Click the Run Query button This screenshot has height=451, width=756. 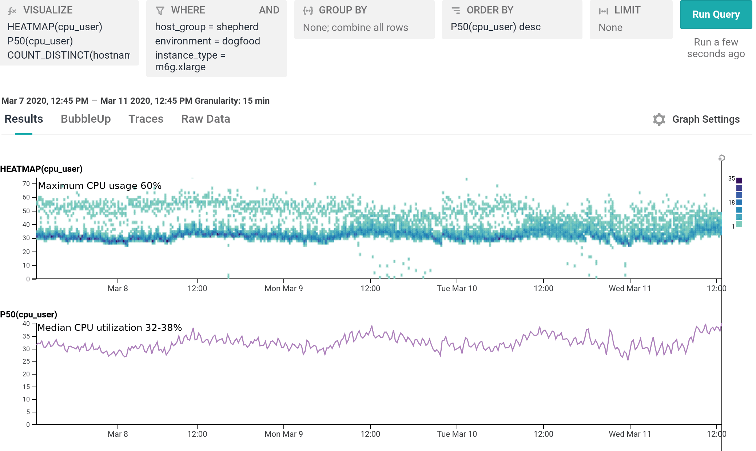[716, 15]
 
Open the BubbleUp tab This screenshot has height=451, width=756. [85, 119]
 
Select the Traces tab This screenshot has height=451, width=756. [146, 119]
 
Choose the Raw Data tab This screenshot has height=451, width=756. [206, 119]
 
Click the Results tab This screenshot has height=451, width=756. [24, 119]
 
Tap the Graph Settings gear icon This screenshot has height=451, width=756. [659, 119]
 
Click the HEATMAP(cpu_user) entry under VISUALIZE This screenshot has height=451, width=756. [55, 27]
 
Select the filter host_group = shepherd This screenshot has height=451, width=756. [206, 27]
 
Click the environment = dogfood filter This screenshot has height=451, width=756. [207, 41]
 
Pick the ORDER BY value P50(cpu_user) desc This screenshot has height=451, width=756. [495, 27]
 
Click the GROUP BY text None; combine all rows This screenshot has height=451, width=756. [355, 28]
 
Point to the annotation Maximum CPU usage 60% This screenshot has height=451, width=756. [100, 186]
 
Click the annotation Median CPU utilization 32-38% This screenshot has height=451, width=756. [110, 328]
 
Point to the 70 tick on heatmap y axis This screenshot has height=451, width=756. [26, 184]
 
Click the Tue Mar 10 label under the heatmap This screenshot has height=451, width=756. [457, 289]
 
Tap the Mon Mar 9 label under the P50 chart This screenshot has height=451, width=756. [283, 434]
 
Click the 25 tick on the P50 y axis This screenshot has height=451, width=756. [26, 361]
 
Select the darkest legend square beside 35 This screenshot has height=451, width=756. [739, 180]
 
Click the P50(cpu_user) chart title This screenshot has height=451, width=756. [29, 314]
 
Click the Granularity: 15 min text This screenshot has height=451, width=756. [232, 101]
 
